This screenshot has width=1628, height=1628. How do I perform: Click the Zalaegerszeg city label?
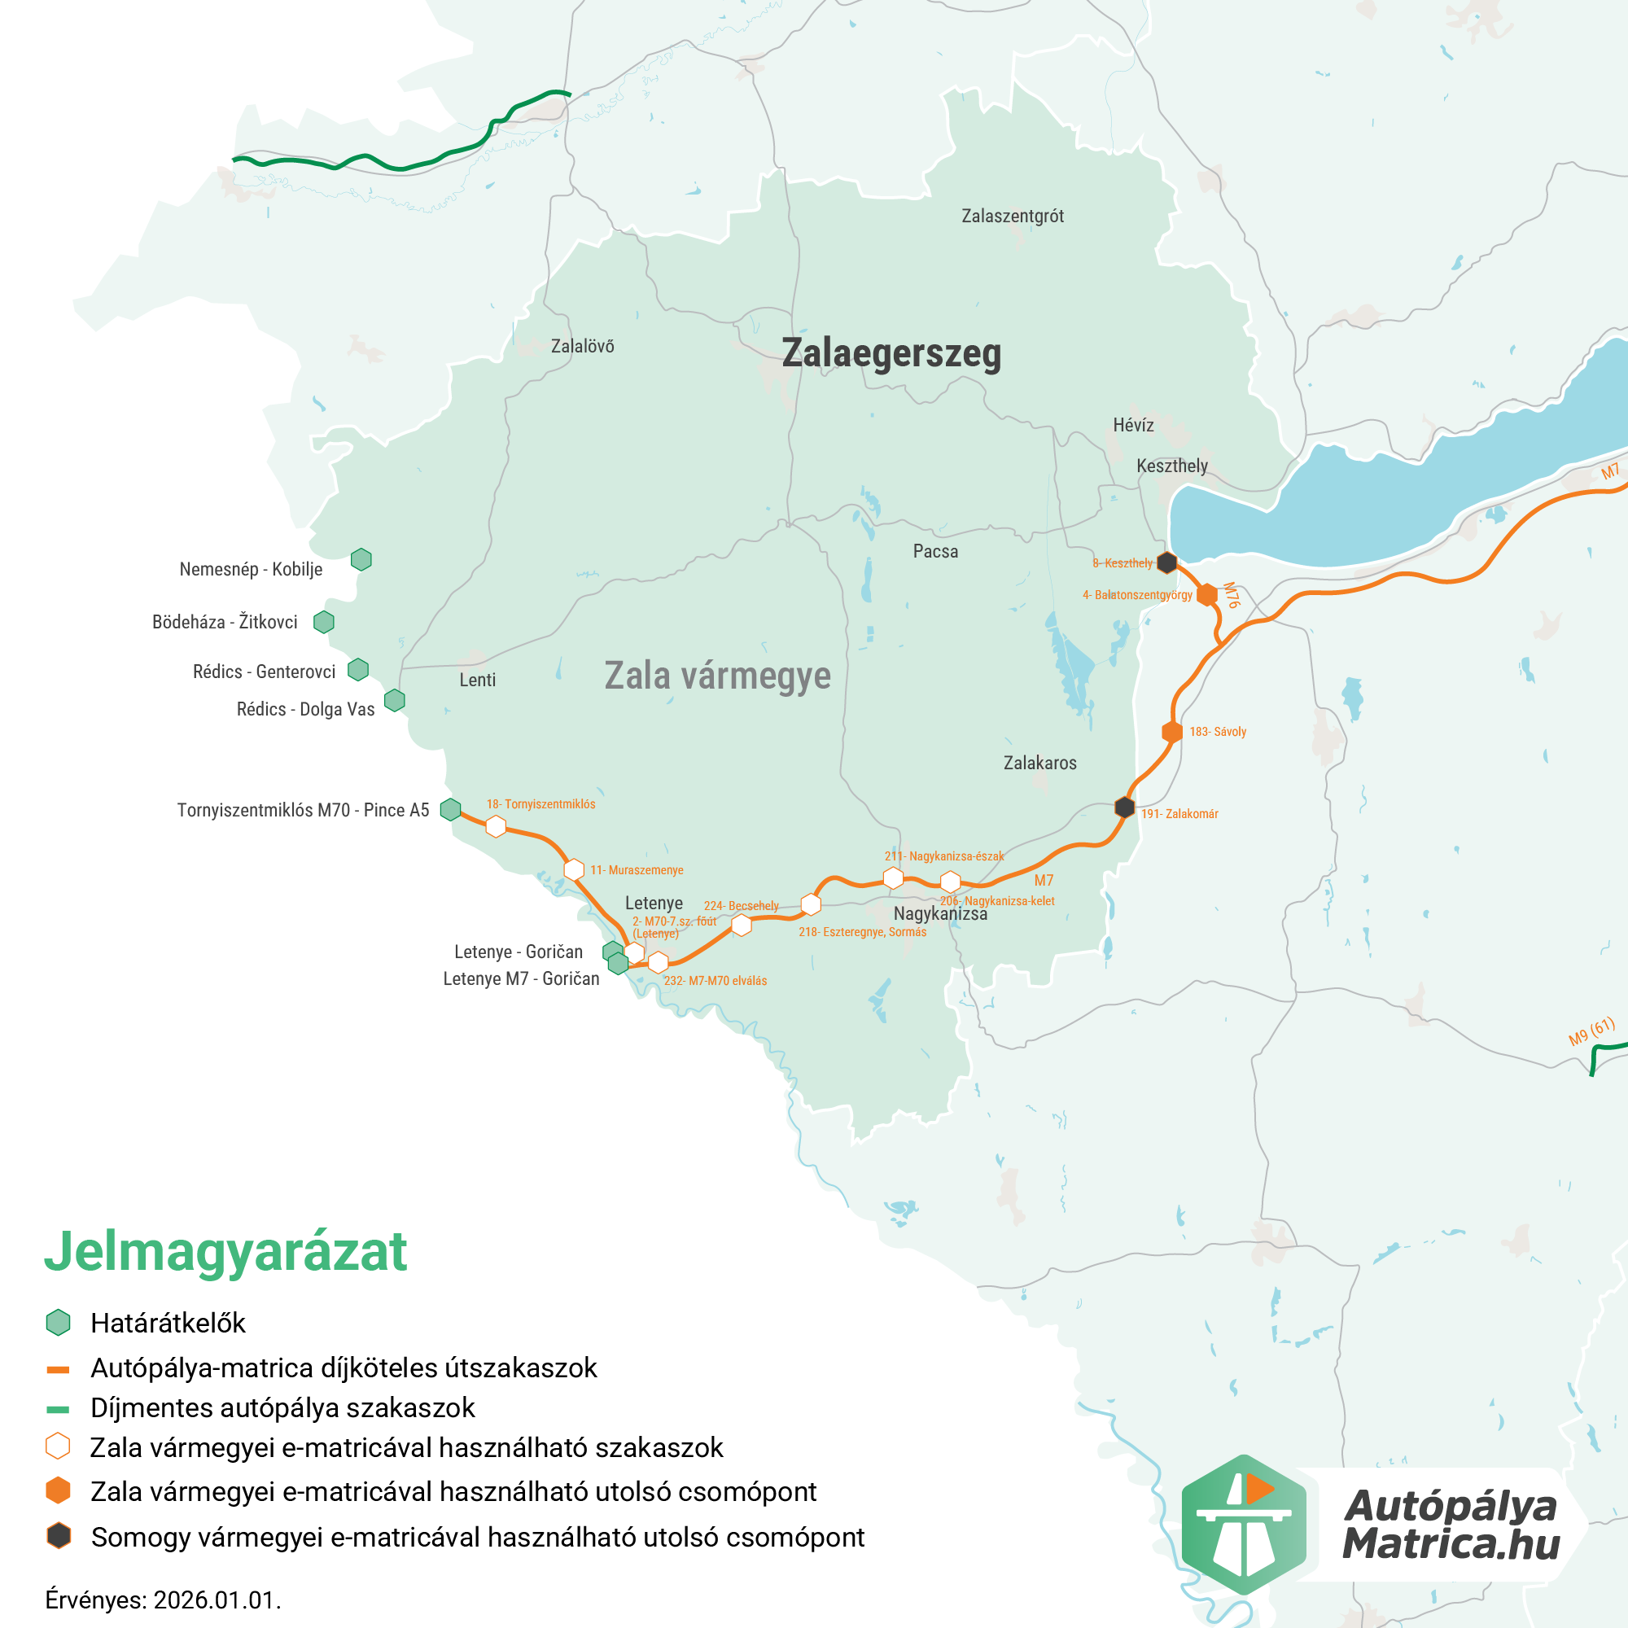891,353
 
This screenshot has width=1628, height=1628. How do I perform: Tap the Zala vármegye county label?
717,676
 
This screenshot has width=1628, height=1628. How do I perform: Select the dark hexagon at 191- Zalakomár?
1124,807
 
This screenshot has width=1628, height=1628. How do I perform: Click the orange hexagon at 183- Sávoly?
1172,733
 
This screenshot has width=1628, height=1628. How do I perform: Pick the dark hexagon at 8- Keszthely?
1166,562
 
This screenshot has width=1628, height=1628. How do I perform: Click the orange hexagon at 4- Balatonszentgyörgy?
1206,595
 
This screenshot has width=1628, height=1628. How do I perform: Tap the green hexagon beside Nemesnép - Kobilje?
361,559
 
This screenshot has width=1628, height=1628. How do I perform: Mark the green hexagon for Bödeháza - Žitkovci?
324,622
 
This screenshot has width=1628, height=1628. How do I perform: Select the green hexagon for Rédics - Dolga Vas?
394,700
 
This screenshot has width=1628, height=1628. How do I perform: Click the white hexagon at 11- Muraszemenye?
574,869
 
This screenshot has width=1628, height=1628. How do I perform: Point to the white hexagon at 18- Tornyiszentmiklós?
497,827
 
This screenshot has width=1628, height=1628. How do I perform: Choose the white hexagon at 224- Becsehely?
742,926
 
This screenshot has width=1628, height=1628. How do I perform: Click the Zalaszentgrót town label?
1012,217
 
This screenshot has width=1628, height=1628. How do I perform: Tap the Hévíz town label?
1132,426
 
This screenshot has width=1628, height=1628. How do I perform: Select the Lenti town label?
477,680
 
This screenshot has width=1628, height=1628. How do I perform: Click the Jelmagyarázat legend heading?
225,1251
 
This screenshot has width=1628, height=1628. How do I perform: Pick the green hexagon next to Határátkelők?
58,1323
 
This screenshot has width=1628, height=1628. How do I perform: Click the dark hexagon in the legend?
58,1536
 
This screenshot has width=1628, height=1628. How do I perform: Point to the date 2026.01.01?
217,1600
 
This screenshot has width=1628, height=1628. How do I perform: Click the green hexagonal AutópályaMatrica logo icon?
1243,1525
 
